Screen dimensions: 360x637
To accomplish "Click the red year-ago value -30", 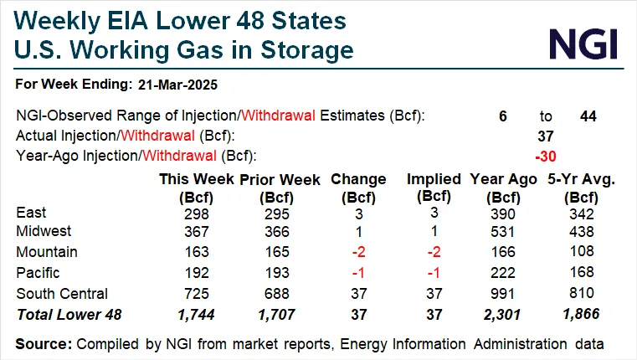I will pos(547,156).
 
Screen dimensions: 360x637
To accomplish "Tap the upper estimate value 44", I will pos(588,116).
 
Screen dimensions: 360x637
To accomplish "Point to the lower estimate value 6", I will pos(502,116).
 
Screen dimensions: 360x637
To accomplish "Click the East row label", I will pos(32,213).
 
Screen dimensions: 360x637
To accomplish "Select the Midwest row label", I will pos(44,231).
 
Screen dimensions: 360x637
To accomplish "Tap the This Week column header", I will pos(197,179).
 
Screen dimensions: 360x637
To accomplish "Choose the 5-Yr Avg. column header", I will pos(577,179).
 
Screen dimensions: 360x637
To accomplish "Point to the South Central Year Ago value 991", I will pos(503,293).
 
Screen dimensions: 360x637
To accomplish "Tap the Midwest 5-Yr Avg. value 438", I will pos(578,231).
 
